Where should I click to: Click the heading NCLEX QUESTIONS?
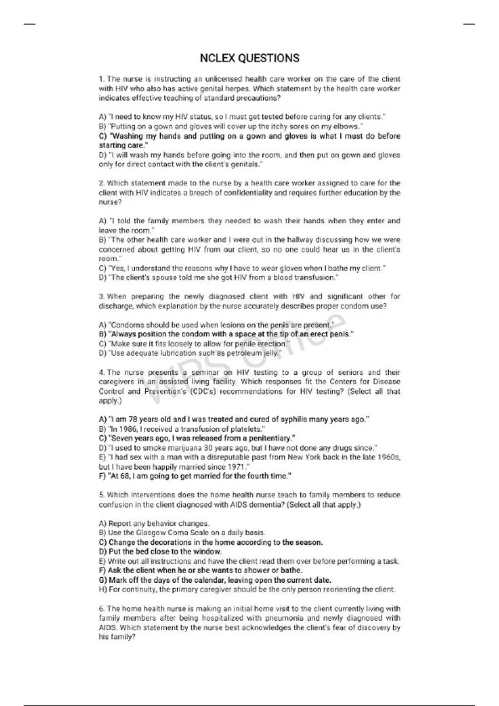pyautogui.click(x=249, y=58)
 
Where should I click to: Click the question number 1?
pyautogui.click(x=101, y=79)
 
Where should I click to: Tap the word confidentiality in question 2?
pyautogui.click(x=248, y=193)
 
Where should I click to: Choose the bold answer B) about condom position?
pyautogui.click(x=226, y=334)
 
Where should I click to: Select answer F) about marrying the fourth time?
pyautogui.click(x=195, y=476)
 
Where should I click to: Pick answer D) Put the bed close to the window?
pyautogui.click(x=161, y=552)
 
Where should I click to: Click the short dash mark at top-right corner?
pyautogui.click(x=469, y=24)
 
